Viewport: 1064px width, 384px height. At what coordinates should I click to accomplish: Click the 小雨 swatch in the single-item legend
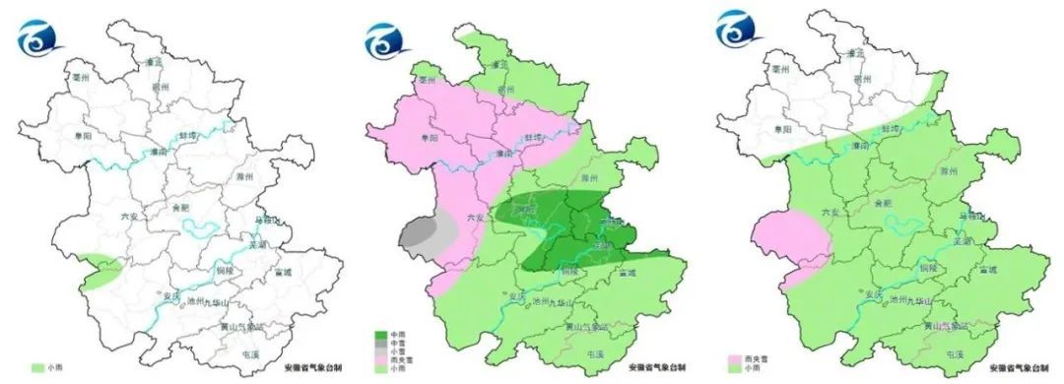pyautogui.click(x=38, y=368)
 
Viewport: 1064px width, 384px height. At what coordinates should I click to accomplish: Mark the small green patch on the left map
pyautogui.click(x=99, y=270)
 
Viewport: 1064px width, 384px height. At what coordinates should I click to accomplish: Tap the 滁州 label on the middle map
pyautogui.click(x=590, y=178)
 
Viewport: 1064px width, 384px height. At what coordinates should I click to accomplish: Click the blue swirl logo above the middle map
pyautogui.click(x=381, y=37)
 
